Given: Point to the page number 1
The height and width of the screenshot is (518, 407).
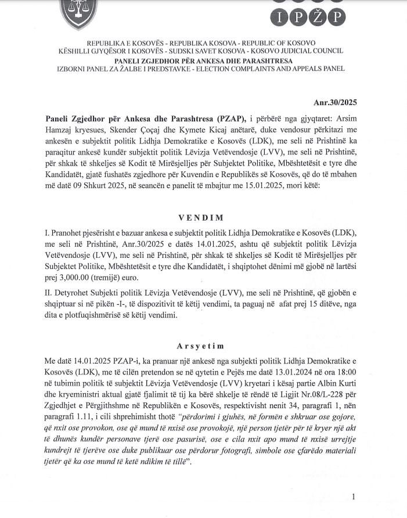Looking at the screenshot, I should coord(353,497).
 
